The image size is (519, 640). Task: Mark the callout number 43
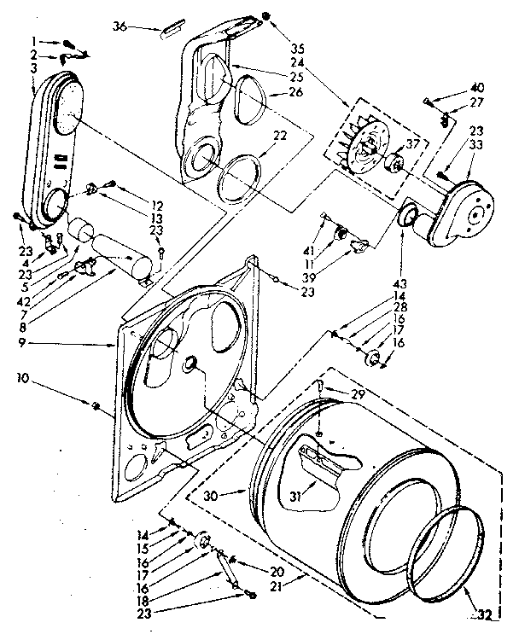pos(400,282)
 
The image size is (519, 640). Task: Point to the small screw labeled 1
pos(68,42)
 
